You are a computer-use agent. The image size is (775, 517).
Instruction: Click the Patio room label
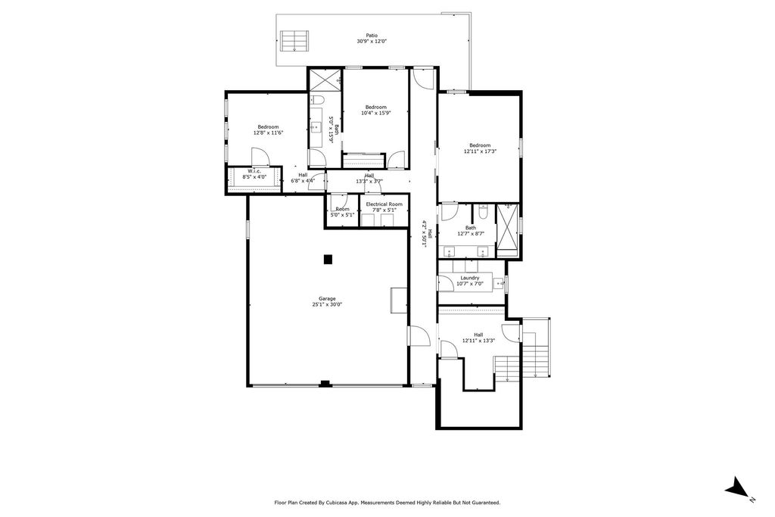point(372,35)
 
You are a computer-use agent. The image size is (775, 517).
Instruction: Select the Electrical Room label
point(384,204)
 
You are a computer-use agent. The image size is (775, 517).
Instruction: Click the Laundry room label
point(470,278)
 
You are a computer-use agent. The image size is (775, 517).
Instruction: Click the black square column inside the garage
point(328,259)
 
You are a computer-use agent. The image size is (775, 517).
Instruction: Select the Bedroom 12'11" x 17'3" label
point(480,145)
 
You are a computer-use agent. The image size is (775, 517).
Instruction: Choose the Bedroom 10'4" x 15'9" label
point(376,107)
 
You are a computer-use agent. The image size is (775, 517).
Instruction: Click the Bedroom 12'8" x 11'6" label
point(268,127)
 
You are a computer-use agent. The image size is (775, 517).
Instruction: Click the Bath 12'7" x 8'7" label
point(471,228)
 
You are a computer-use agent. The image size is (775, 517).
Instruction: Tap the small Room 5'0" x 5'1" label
point(342,209)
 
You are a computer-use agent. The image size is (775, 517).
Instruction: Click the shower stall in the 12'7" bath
point(509,229)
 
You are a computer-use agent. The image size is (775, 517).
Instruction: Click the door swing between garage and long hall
point(418,335)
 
